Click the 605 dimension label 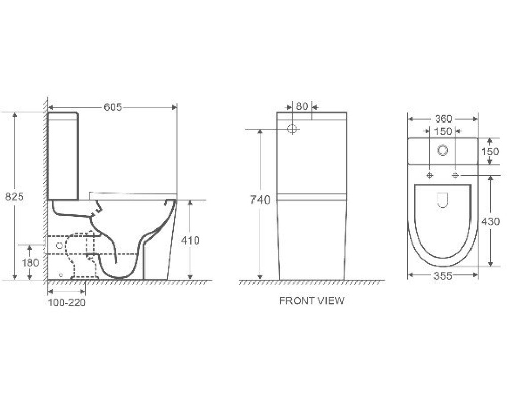coord(113,107)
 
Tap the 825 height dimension coord(14,196)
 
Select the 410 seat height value coord(190,240)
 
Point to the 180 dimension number coord(30,263)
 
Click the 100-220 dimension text coord(66,302)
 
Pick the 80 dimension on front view coord(302,106)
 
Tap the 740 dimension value coord(260,200)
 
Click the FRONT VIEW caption coord(312,301)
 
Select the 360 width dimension coord(443,119)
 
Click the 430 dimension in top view coord(490,221)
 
